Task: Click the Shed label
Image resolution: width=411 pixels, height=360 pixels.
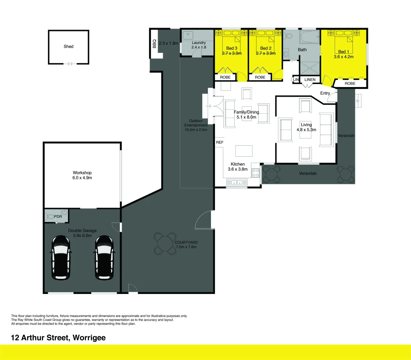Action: [x=68, y=46]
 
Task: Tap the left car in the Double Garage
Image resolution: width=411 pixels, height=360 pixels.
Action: [x=61, y=257]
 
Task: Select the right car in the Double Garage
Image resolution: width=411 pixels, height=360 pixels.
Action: [x=104, y=257]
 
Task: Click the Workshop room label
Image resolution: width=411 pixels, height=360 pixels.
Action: [x=82, y=173]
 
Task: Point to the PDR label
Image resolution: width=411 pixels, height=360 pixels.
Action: [x=58, y=217]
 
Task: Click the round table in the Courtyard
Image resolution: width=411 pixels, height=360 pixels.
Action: [x=165, y=244]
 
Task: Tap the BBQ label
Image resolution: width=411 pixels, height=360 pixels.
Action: [x=154, y=44]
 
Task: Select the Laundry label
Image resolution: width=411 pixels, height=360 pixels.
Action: [x=199, y=43]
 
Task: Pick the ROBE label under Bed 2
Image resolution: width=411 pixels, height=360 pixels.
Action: [x=260, y=77]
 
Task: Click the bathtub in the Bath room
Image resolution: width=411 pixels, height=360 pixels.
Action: [x=310, y=37]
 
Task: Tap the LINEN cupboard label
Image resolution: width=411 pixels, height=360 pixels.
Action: [x=310, y=80]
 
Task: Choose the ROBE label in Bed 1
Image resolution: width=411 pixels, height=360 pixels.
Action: [x=350, y=84]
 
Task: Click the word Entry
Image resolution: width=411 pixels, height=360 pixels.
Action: [x=325, y=93]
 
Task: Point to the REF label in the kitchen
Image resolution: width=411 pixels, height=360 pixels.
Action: [x=220, y=142]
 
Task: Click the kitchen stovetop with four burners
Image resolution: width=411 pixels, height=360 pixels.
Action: [x=256, y=173]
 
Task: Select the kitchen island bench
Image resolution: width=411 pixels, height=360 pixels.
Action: [x=244, y=151]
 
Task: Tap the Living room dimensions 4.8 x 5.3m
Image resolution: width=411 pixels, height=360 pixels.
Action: [x=306, y=130]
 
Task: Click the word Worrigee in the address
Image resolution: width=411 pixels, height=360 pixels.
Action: [x=89, y=338]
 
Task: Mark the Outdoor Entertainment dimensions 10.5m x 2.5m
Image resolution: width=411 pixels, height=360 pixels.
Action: [x=196, y=130]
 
